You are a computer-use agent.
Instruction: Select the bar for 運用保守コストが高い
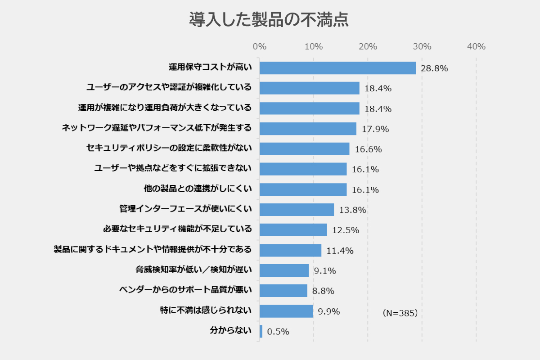[337, 68]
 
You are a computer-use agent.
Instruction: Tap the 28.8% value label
[434, 68]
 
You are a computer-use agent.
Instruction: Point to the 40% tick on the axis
[476, 46]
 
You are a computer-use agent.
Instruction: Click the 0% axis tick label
[260, 46]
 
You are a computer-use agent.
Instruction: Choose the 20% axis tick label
[368, 46]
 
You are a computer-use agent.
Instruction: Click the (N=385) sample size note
[400, 313]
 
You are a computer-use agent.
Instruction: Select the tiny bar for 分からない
[261, 331]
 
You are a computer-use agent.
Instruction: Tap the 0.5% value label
[278, 332]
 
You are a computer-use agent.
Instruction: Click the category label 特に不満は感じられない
[206, 310]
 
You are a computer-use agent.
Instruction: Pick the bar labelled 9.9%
[286, 311]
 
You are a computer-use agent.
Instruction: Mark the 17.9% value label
[375, 129]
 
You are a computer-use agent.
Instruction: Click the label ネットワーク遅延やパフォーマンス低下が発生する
[157, 128]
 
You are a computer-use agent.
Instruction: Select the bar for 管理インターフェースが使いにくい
[297, 210]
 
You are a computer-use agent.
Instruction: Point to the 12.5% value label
[346, 230]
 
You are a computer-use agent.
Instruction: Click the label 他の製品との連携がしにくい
[198, 189]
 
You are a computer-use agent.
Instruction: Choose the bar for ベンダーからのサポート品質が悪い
[283, 291]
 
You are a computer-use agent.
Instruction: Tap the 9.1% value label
[325, 271]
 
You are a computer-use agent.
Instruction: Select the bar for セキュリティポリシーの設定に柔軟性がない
[304, 149]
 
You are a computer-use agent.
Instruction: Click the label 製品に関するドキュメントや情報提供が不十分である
[153, 250]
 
